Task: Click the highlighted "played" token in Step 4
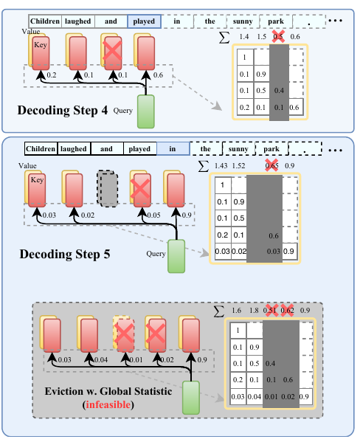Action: point(144,21)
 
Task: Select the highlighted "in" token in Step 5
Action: point(173,149)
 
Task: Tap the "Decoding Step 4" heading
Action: point(63,110)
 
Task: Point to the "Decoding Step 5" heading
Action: point(65,254)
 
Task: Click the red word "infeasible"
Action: point(108,404)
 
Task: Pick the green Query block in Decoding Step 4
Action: point(146,111)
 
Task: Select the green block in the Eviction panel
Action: point(191,398)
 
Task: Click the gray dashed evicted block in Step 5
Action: point(108,189)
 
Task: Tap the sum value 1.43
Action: point(221,166)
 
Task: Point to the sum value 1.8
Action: point(254,311)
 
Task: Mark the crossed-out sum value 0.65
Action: point(271,166)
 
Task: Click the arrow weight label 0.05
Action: point(154,215)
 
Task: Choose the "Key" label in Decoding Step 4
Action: point(41,45)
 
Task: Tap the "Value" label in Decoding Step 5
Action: point(27,166)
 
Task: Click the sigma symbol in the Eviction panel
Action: point(219,311)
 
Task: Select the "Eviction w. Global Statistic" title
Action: point(108,391)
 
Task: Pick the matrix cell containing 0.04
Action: point(255,396)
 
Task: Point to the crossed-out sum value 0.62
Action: point(287,311)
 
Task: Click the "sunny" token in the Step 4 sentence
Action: point(243,21)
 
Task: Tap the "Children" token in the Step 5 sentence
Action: point(41,149)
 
